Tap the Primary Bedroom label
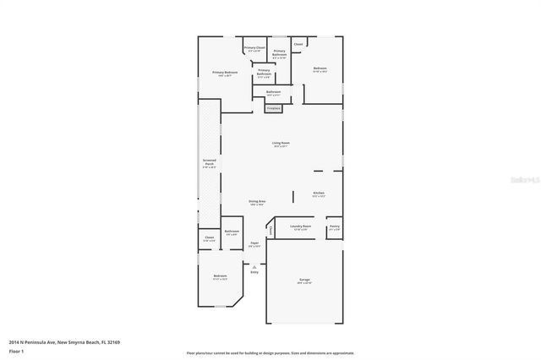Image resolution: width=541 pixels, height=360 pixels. pos(225,74)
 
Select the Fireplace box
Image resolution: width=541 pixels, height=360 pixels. pos(273,109)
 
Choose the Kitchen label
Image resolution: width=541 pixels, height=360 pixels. pos(319,194)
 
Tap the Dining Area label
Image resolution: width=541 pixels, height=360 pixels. pos(257,201)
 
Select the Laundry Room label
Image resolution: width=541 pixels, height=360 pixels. pos(301,226)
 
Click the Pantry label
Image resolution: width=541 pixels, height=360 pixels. pos(335,226)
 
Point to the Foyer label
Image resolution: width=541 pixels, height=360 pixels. pos(254,243)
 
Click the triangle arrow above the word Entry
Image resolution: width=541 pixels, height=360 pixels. pos(254,265)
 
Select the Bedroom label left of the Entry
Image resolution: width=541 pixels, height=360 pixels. pos(220,277)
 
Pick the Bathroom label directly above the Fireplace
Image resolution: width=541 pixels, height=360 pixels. pos(273,92)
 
